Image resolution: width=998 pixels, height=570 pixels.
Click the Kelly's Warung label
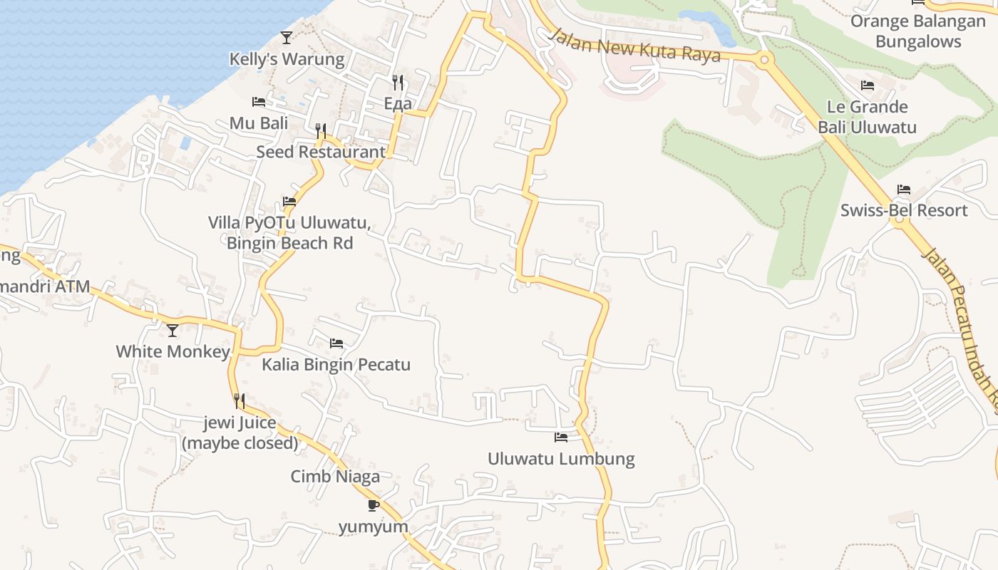tap(287, 59)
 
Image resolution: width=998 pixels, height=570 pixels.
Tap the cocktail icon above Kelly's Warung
tap(287, 37)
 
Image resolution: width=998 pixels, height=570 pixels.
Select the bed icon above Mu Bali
tap(259, 103)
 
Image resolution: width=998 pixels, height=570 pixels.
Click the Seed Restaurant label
tap(321, 152)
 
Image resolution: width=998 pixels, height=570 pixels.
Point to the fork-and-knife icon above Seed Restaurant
tap(321, 130)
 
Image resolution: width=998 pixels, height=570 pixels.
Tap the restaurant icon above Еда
tap(398, 83)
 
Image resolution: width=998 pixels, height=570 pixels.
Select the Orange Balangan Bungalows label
tap(917, 31)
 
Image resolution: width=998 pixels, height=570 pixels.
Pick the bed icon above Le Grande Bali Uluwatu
tap(868, 85)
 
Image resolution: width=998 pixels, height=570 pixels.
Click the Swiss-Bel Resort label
tap(904, 210)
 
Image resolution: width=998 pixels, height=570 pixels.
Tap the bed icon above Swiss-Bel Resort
tap(904, 190)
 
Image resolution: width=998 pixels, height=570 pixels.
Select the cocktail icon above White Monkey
tap(173, 331)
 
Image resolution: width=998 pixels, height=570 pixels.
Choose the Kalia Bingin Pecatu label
tap(336, 365)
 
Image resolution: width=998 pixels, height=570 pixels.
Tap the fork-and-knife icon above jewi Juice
tap(240, 401)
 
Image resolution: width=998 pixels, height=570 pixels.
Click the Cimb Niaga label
tap(335, 477)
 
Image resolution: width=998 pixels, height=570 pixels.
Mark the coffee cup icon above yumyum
tap(373, 505)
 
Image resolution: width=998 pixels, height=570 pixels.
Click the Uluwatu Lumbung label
tap(561, 458)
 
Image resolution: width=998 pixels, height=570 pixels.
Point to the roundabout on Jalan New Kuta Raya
tap(764, 60)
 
